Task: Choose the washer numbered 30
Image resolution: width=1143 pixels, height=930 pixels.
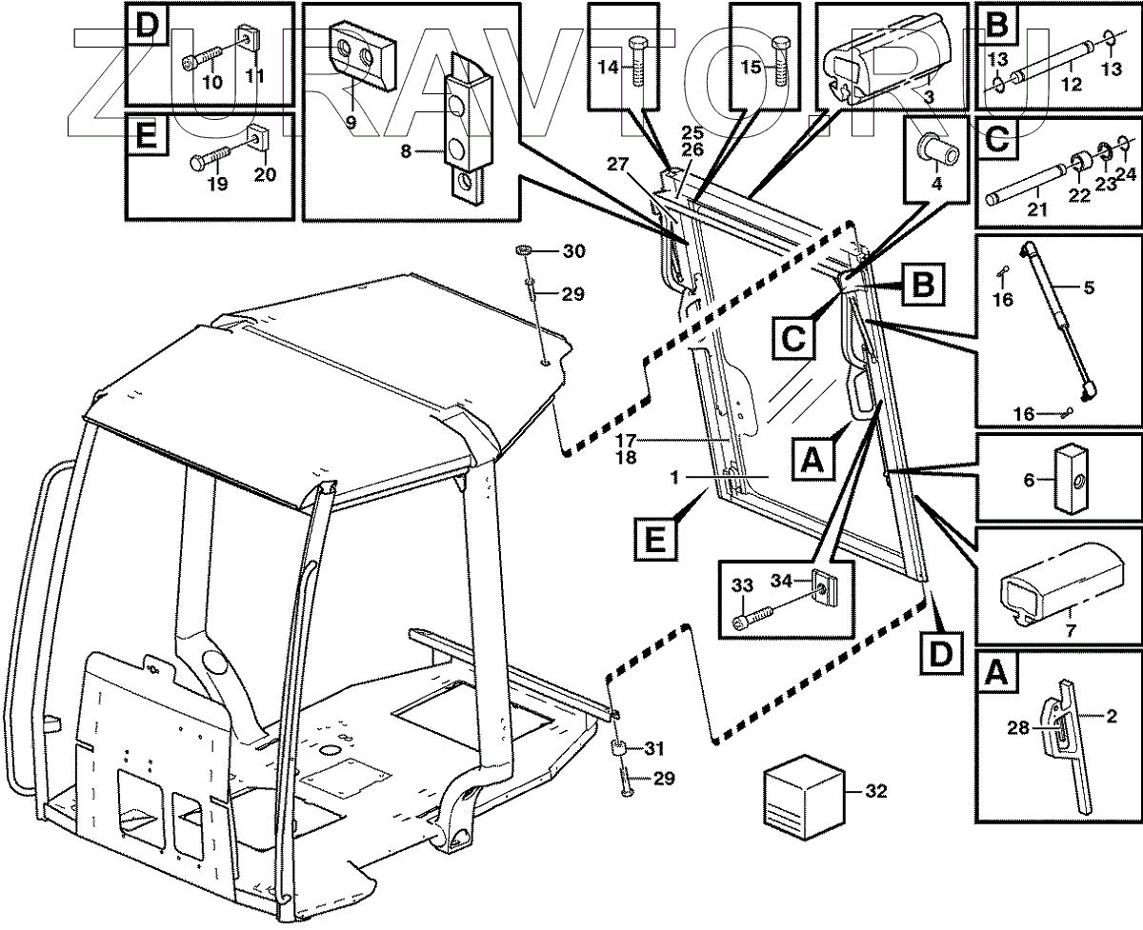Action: (x=526, y=250)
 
